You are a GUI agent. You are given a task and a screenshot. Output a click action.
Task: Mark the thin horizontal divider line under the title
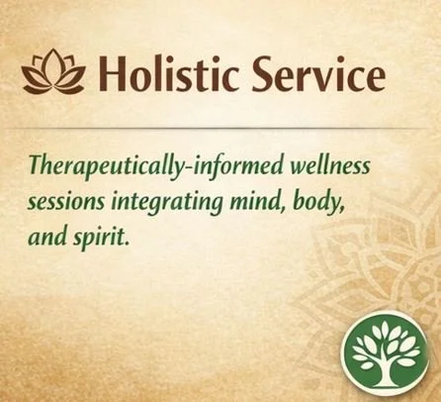[220, 128]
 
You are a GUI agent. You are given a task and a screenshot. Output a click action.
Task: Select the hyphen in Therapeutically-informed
[173, 164]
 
